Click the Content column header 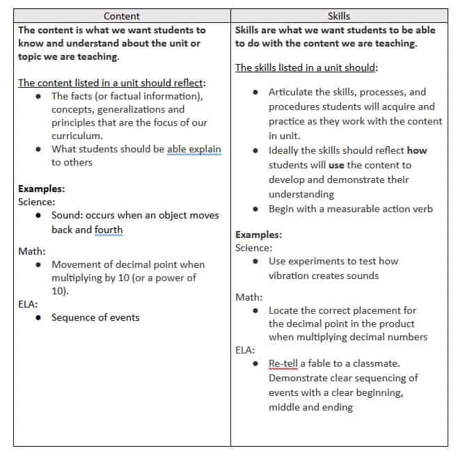tap(121, 15)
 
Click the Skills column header tap(339, 15)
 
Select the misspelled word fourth tap(109, 230)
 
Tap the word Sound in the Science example tap(66, 215)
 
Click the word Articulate tap(292, 92)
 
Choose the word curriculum tap(77, 136)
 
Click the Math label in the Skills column tap(249, 297)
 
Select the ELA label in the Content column tap(28, 303)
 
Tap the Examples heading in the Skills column tap(258, 234)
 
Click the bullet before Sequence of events tap(36, 318)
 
